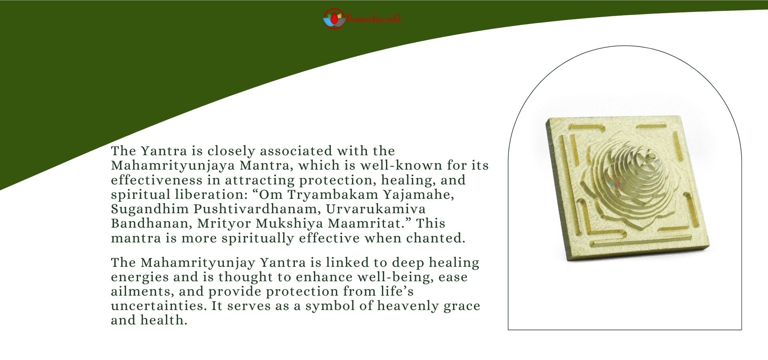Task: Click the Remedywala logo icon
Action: pyautogui.click(x=334, y=19)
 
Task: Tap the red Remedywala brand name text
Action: pyautogui.click(x=374, y=19)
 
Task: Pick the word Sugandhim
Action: pyautogui.click(x=150, y=209)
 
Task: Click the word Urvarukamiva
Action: pyautogui.click(x=376, y=209)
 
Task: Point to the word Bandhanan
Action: pyautogui.click(x=152, y=224)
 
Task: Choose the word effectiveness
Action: pyautogui.click(x=157, y=180)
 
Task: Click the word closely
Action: pyautogui.click(x=231, y=151)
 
